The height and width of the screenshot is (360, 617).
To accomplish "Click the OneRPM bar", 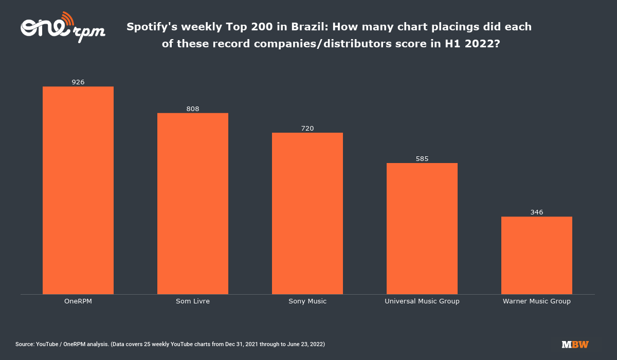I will [78, 190].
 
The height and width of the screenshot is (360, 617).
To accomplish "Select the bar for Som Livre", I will [193, 204].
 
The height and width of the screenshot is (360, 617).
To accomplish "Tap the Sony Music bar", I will [307, 213].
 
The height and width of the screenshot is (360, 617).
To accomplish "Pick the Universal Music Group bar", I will [422, 229].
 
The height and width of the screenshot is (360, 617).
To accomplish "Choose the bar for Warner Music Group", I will [537, 256].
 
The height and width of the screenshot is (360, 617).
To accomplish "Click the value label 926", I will [78, 82].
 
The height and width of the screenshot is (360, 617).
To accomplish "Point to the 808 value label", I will [193, 109].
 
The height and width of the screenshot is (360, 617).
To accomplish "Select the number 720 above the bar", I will [307, 128].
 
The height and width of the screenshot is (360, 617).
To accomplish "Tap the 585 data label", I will [422, 158].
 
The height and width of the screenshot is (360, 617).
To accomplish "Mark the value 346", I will [537, 212].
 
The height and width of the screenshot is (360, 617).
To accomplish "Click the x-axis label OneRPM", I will [78, 301].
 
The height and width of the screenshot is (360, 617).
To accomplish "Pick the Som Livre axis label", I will [193, 301].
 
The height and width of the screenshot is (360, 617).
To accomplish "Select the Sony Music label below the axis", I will [307, 301].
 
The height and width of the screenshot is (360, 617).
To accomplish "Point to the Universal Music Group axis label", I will [422, 301].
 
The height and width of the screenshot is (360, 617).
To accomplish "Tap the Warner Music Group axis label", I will [537, 301].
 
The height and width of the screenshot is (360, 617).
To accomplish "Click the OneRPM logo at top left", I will [62, 28].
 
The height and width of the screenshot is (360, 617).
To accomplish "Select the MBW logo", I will [575, 344].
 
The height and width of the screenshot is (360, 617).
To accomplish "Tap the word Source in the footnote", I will [24, 344].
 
